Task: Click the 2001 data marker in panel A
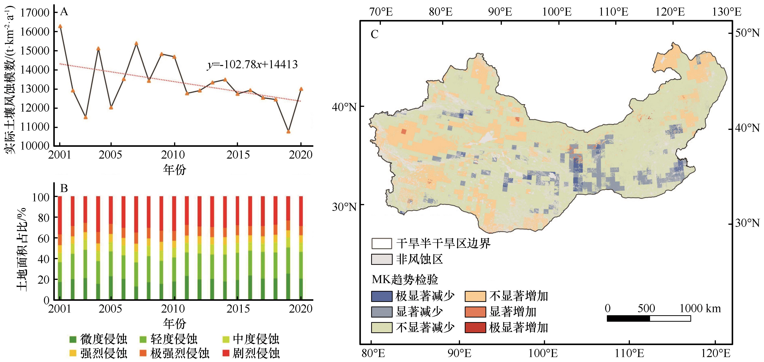tap(60, 26)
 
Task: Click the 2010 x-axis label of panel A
tap(173, 154)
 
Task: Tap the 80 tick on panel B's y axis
tap(43, 218)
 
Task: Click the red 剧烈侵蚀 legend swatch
tap(226, 353)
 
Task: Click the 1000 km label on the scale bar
tap(700, 309)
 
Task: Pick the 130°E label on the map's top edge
tap(727, 12)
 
